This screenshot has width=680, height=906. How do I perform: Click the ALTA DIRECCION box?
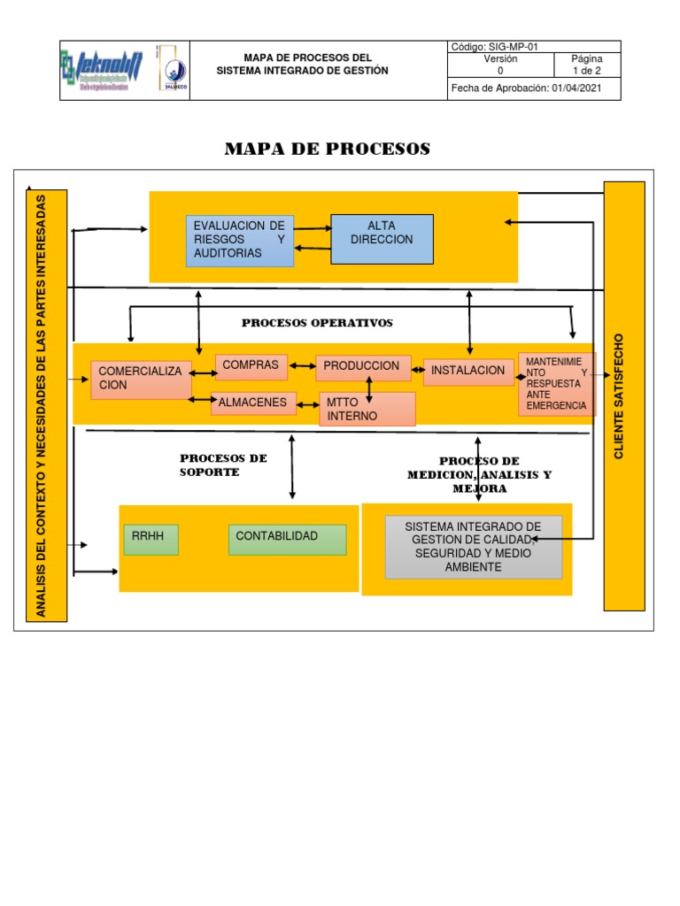382,239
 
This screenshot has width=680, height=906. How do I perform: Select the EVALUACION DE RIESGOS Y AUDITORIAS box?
239,241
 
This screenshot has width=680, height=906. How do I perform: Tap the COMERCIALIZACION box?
141,380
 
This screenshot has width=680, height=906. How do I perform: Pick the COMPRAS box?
251,366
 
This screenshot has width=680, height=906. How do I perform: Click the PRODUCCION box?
363,367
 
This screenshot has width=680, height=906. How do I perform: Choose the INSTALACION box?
468,372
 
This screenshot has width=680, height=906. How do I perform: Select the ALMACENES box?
253,403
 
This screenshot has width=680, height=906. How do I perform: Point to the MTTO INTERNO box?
367,409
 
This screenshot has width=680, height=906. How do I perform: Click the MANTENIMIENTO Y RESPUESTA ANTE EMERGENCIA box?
557,384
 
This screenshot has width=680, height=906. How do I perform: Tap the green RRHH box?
151,540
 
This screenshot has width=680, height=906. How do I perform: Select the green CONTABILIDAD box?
287,540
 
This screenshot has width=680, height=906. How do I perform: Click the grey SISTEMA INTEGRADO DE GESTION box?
473,547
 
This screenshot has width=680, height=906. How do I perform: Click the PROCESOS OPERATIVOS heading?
317,323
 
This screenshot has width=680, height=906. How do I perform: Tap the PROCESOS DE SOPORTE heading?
223,465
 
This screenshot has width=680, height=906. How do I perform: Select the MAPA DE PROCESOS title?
327,149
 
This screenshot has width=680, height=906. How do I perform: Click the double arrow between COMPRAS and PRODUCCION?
302,365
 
